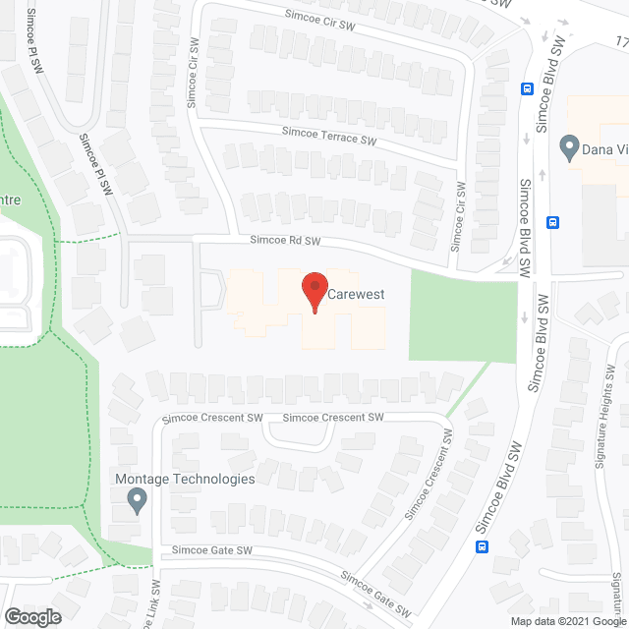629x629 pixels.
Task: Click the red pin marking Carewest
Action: click(314, 291)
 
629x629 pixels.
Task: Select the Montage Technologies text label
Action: click(186, 479)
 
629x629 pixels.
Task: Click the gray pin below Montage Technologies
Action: click(138, 502)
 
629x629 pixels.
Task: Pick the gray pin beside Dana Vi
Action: click(567, 148)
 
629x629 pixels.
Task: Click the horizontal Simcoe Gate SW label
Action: click(213, 551)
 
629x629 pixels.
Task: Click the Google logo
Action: click(33, 616)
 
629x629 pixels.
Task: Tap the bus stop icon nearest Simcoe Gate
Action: click(482, 546)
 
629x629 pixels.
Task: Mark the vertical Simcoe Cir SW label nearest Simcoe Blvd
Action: click(459, 215)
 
